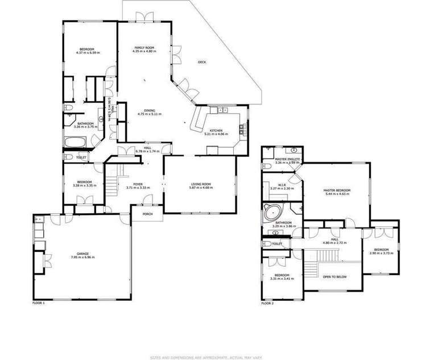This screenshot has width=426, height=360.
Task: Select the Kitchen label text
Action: point(216,131)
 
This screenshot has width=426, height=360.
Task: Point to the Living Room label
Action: point(201,184)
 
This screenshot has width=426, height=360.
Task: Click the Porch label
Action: point(147,214)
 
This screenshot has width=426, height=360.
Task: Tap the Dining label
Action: point(150,110)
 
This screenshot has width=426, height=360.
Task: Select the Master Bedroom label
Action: point(337,190)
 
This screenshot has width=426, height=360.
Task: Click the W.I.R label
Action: point(282,184)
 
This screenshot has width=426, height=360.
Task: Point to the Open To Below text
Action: point(334,277)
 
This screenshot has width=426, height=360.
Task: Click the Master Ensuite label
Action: point(287,159)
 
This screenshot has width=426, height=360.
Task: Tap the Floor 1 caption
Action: point(39,303)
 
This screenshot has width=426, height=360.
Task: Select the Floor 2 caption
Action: point(267,303)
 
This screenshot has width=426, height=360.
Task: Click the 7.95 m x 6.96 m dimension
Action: point(82,257)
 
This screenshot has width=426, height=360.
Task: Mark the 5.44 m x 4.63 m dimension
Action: point(337,194)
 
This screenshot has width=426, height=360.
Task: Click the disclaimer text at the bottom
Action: point(213,357)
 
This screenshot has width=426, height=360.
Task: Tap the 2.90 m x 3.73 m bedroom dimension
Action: point(381,253)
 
